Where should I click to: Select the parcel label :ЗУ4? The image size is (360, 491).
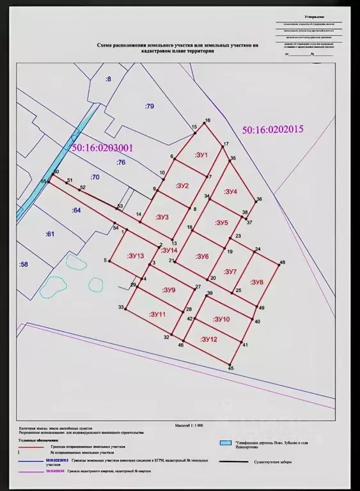230,192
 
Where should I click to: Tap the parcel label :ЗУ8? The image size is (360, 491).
257,282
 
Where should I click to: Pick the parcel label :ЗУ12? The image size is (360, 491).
209,339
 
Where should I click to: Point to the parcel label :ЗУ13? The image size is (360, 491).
136,256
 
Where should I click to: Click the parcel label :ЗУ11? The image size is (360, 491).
157,315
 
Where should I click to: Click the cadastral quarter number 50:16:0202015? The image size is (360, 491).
272,129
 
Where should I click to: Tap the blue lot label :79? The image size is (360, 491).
150,106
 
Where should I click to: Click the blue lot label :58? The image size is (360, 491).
24,264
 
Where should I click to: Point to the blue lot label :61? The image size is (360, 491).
51,234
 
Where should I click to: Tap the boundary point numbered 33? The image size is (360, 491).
126,309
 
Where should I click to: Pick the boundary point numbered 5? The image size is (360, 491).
110,261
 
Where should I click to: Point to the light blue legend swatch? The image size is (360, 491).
224,442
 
